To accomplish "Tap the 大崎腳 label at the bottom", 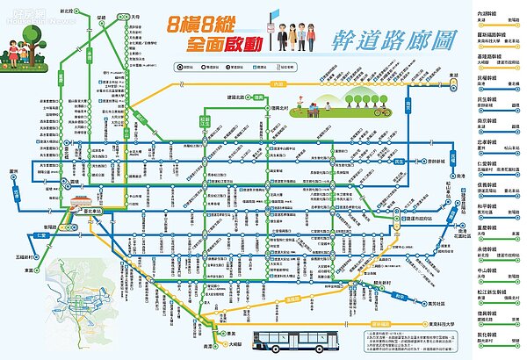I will point(233,347).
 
